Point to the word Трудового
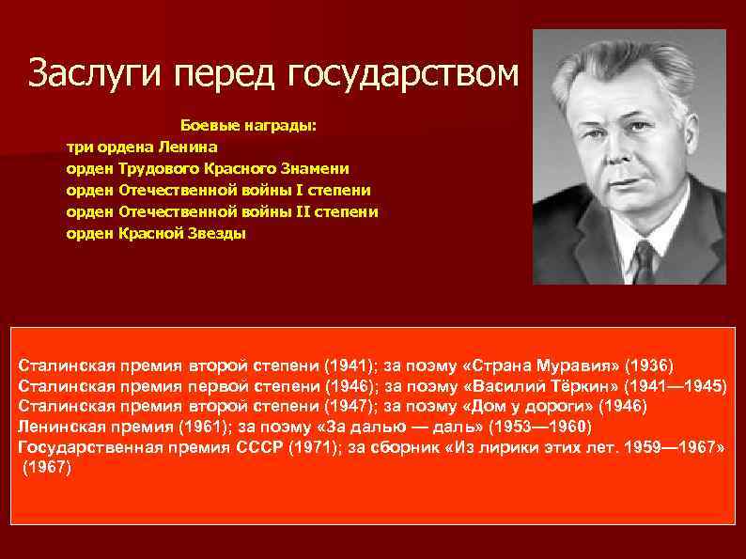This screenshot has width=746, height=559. [x=159, y=168]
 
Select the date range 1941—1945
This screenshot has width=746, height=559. [x=678, y=385]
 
